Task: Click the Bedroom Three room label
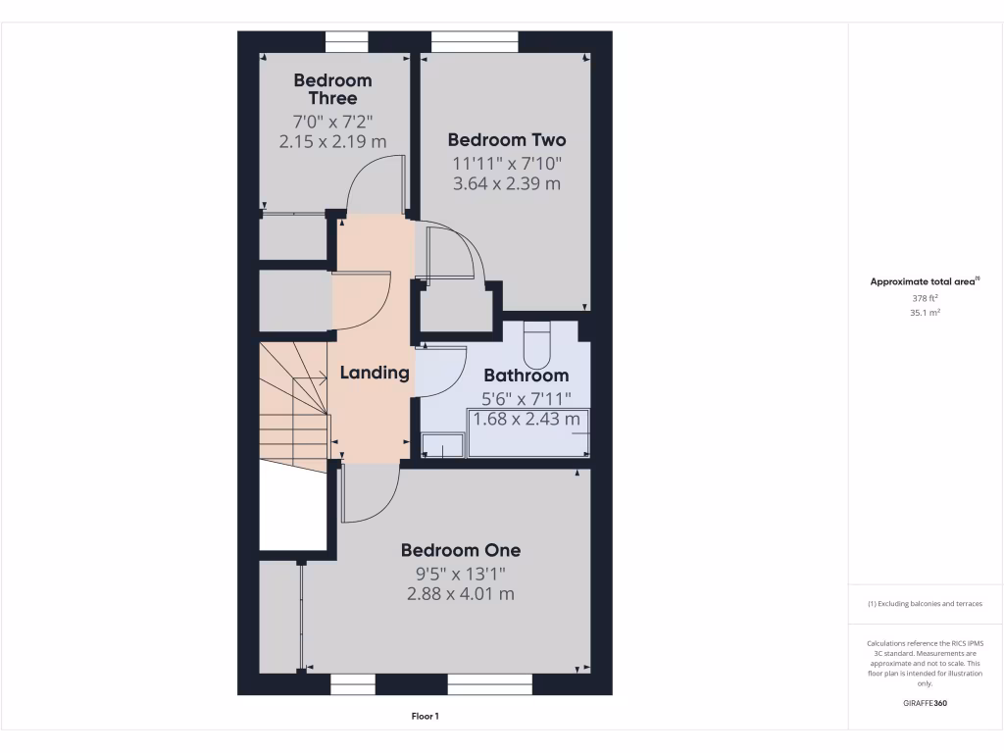pyautogui.click(x=332, y=89)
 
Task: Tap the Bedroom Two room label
pyautogui.click(x=506, y=140)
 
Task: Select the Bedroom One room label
pyautogui.click(x=460, y=550)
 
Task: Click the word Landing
pyautogui.click(x=374, y=373)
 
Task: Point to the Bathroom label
pyautogui.click(x=526, y=376)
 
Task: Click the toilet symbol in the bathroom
pyautogui.click(x=539, y=344)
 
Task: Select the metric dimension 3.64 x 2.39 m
pyautogui.click(x=506, y=183)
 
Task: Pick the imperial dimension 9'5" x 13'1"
pyautogui.click(x=460, y=574)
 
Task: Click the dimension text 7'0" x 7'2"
pyautogui.click(x=332, y=122)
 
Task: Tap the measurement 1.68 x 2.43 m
pyautogui.click(x=527, y=420)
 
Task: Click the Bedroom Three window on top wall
pyautogui.click(x=346, y=41)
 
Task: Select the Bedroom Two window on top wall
pyautogui.click(x=475, y=41)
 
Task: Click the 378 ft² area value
pyautogui.click(x=926, y=298)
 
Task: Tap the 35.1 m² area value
pyautogui.click(x=926, y=313)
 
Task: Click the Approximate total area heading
pyautogui.click(x=925, y=281)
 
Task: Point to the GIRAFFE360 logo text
pyautogui.click(x=926, y=703)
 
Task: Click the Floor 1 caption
pyautogui.click(x=425, y=717)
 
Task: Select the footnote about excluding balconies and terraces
pyautogui.click(x=926, y=604)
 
